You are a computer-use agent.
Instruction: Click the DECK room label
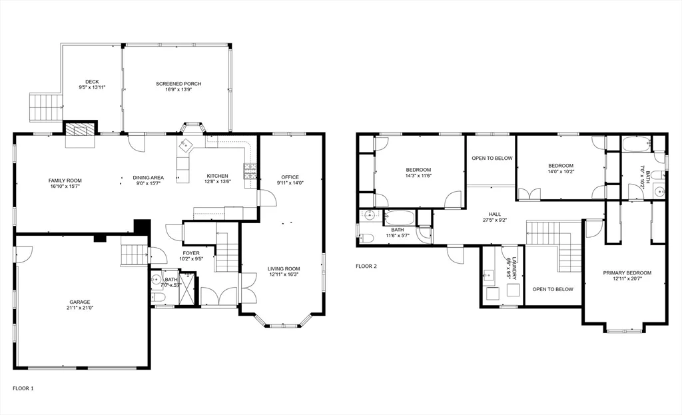coord(92,82)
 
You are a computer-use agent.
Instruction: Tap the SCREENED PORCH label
coord(178,84)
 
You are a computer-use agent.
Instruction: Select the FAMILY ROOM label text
coord(65,181)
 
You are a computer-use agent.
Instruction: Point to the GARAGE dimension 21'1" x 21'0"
coord(79,308)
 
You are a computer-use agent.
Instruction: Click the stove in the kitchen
coord(250,171)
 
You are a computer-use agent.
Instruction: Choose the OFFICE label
coord(290,177)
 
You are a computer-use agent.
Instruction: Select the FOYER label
coord(191,253)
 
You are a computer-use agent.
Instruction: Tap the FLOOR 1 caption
coord(23,388)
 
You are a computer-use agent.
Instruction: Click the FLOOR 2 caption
coord(366,266)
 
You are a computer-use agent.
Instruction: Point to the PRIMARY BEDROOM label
coord(627,272)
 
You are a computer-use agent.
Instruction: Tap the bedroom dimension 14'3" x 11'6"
coord(419,176)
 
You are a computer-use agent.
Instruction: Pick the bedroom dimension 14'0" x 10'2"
coord(560,172)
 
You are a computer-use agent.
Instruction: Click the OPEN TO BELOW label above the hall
coord(492,158)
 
